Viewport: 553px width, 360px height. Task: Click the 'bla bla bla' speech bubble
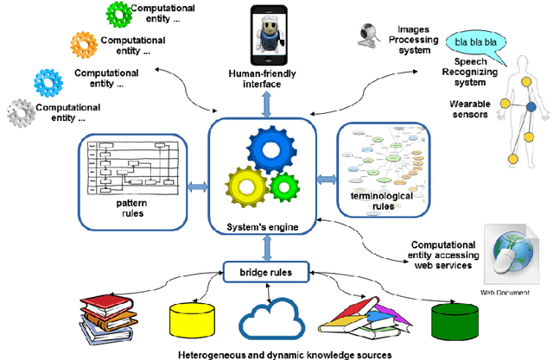[473, 41]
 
